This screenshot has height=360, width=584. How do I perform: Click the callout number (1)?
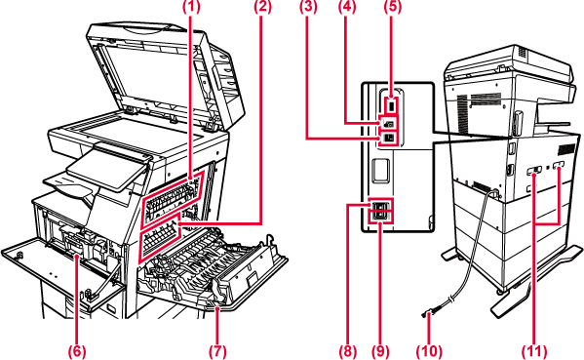[191, 7]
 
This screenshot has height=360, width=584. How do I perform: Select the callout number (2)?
[262, 7]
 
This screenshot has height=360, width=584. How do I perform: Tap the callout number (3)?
[308, 7]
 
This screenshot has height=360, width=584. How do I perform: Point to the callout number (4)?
[347, 7]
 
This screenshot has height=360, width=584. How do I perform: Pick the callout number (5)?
[393, 7]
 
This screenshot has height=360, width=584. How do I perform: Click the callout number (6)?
[77, 351]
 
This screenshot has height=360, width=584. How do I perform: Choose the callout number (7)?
[217, 351]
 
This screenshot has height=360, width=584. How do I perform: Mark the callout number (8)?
[347, 351]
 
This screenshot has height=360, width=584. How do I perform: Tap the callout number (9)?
[380, 351]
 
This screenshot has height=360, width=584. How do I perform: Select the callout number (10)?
[429, 351]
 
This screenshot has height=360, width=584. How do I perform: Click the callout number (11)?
[534, 351]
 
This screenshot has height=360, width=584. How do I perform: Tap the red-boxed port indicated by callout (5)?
[390, 106]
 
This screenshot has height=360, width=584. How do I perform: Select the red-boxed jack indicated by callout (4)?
[388, 123]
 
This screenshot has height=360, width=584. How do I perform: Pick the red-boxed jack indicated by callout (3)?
[388, 138]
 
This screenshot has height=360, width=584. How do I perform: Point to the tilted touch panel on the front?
[108, 167]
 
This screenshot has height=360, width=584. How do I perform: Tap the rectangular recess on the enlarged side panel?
[381, 171]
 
